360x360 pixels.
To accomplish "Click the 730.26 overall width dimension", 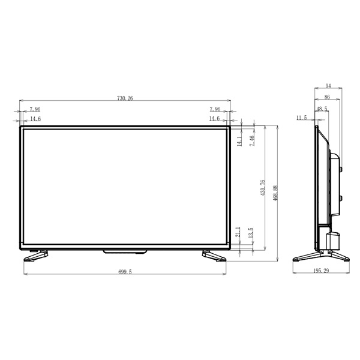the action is click(125, 98).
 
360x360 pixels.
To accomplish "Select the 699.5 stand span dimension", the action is click(125, 272).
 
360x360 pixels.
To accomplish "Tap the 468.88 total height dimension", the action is click(275, 193).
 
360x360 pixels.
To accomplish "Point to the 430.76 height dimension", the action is click(263, 188).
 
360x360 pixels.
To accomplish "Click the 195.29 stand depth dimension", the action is click(321, 271).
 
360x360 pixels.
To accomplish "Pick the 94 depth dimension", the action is click(328, 86).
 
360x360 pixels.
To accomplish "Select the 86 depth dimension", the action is click(327, 97).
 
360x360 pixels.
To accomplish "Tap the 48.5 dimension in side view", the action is click(322, 109).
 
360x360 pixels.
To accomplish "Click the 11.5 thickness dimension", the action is click(301, 118).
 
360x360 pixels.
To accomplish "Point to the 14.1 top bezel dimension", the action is click(239, 141).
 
